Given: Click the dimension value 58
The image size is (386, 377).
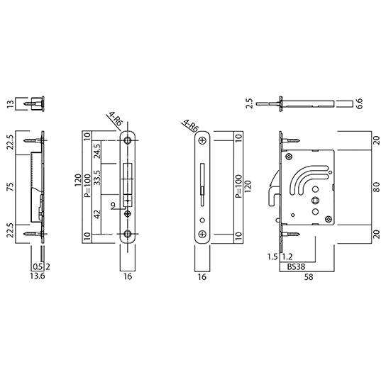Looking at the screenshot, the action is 309,277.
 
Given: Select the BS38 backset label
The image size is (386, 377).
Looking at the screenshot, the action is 296,267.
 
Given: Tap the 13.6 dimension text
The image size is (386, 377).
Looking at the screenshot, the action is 38,276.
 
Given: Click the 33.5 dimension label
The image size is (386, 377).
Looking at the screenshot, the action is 97,178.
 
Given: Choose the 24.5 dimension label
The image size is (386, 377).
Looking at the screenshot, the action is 97,151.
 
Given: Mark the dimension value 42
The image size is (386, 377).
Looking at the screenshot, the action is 97,215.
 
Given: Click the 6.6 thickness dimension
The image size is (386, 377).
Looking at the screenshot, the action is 359,103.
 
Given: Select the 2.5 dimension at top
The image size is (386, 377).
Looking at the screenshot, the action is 249,103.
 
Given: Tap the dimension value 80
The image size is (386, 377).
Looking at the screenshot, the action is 377,187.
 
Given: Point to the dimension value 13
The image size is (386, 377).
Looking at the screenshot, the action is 11,103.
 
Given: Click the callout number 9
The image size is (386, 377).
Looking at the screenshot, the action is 113,205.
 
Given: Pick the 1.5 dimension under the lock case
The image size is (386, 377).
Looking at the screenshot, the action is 272,257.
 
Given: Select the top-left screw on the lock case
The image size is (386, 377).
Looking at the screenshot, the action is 289,157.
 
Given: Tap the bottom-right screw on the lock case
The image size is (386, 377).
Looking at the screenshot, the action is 329,219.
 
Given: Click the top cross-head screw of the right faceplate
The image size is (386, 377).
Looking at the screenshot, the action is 202,141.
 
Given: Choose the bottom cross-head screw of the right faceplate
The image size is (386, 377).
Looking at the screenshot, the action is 202,234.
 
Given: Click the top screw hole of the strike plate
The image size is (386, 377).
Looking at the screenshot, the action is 128,140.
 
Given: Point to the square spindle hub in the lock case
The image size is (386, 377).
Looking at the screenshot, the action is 315,200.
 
